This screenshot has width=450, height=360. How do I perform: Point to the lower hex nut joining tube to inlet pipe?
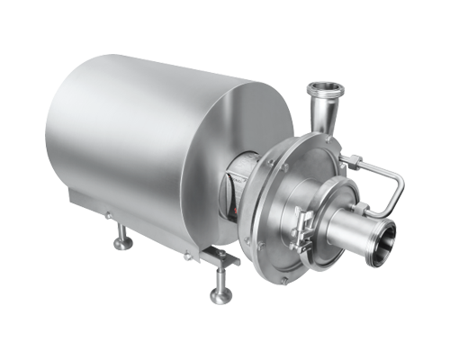(370, 209)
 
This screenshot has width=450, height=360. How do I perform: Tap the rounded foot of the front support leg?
(219, 298)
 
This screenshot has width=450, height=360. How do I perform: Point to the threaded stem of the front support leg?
(219, 281)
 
